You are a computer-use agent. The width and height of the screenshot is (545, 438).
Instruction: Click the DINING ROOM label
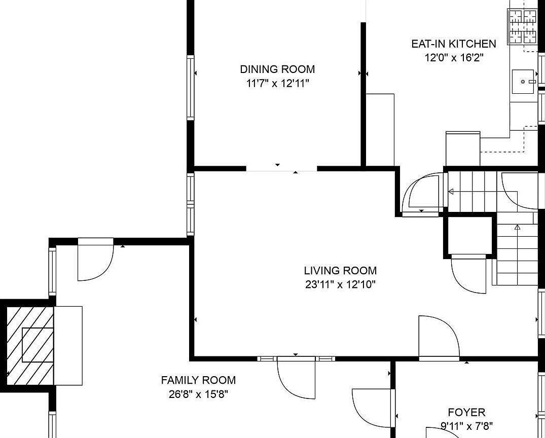coord(277,69)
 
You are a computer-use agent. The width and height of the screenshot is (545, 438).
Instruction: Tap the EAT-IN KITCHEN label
coord(454,44)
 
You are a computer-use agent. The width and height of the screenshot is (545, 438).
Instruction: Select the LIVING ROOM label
coord(340,270)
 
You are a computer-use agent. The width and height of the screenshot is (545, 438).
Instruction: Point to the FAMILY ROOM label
coord(198,380)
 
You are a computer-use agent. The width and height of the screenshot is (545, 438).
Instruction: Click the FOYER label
coord(466,412)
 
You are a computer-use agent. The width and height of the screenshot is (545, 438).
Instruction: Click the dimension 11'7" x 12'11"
coord(278,84)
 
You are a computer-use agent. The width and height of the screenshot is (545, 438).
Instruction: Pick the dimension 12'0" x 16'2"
coord(454,57)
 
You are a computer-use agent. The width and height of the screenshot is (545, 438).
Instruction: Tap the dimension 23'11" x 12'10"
coord(341,285)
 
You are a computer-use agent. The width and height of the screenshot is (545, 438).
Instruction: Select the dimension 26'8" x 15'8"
coord(198,394)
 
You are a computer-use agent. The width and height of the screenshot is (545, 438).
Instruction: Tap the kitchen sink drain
coord(523,82)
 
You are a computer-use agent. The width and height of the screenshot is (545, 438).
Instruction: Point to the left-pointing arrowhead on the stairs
coord(451,192)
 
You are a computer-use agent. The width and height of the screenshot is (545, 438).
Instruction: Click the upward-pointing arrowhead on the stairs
coord(517,227)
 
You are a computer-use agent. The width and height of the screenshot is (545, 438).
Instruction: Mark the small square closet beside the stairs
coord(469,236)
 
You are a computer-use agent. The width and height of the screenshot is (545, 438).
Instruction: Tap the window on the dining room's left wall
coord(191,88)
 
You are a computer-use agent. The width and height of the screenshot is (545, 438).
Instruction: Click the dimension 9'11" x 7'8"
coord(466,426)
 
